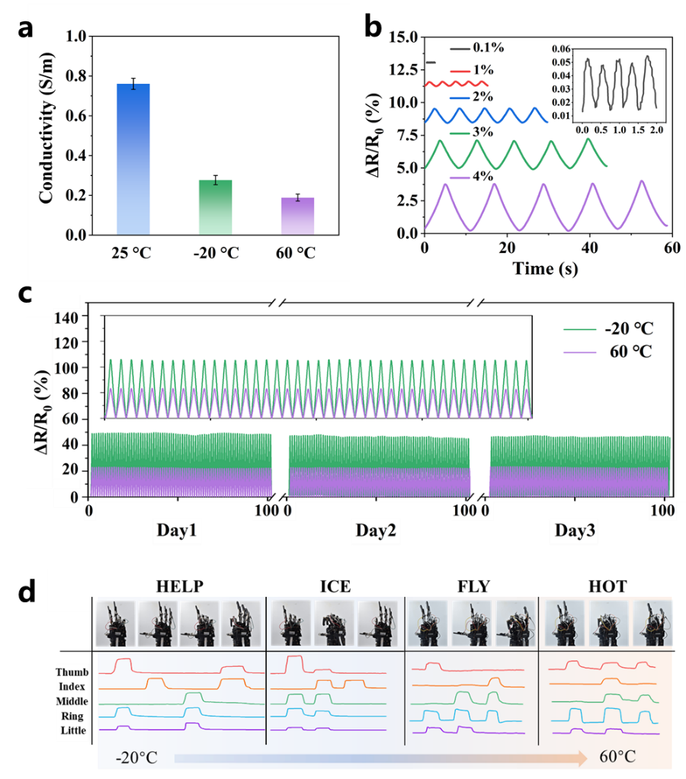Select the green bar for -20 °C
[x=215, y=207]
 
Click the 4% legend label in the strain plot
[x=483, y=177]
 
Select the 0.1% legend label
[x=488, y=47]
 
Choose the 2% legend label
[x=483, y=97]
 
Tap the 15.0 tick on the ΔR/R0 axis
[x=402, y=37]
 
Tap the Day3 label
[x=573, y=531]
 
